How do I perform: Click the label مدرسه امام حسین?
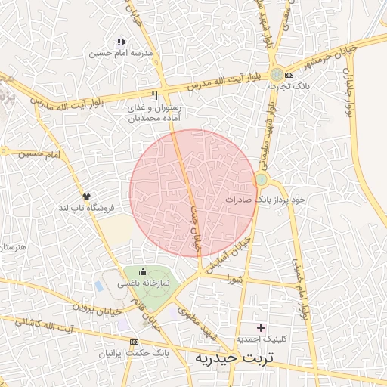(x=121, y=54)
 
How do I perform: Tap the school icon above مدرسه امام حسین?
(x=121, y=42)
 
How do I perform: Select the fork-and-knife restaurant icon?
(x=155, y=96)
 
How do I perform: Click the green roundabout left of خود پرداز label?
(x=262, y=179)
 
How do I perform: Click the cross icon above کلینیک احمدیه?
(x=262, y=327)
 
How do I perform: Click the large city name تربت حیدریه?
(x=231, y=358)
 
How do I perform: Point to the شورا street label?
(x=235, y=279)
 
